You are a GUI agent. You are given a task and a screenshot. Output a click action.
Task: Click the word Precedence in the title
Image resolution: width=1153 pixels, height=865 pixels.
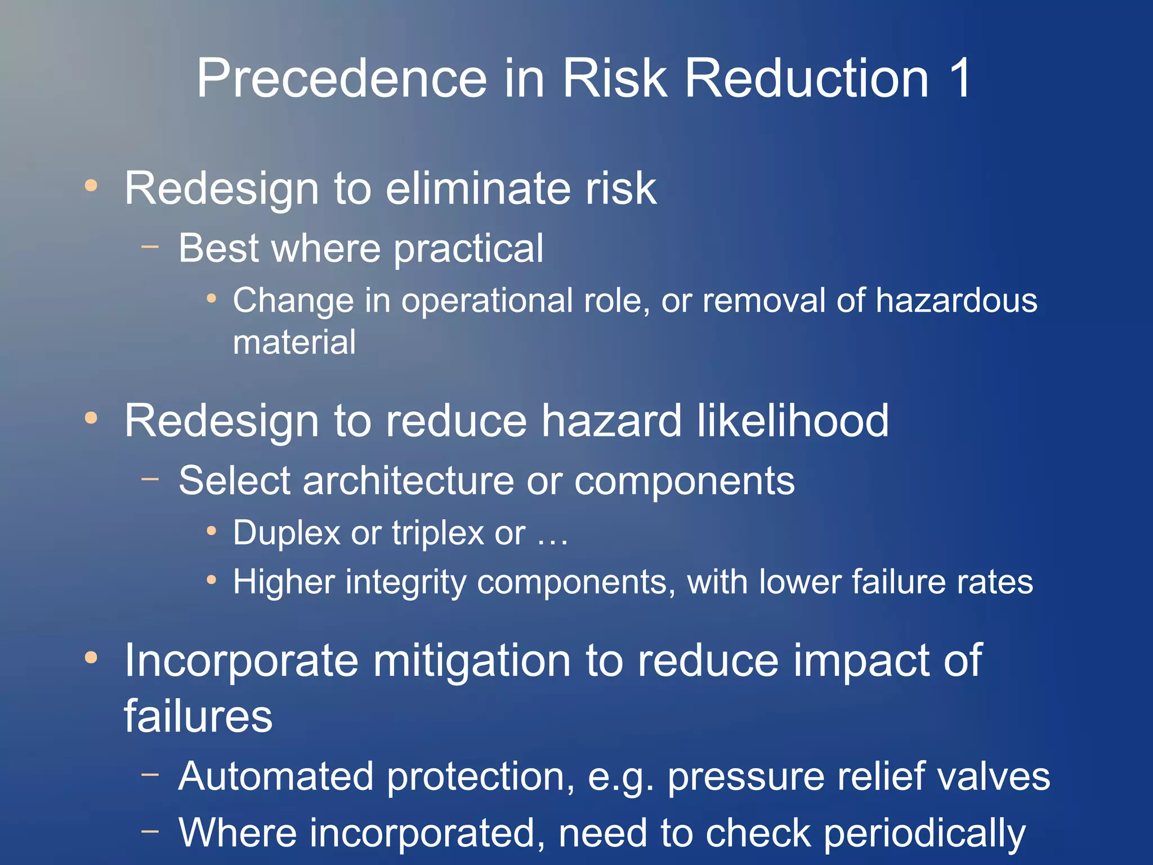(341, 79)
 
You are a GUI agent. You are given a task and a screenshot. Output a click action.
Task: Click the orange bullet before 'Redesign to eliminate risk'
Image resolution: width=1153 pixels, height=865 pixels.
(91, 185)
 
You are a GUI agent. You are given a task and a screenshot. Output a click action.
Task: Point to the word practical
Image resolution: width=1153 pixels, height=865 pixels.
(468, 248)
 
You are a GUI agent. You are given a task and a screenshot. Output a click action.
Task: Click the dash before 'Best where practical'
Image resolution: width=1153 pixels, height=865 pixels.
(150, 246)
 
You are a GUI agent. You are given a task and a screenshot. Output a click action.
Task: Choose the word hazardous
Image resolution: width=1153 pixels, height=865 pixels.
(956, 300)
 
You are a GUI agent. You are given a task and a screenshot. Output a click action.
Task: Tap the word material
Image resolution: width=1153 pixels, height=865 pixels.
(294, 342)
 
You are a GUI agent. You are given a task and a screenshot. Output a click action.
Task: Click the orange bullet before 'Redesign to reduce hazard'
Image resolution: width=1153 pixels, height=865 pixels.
(91, 418)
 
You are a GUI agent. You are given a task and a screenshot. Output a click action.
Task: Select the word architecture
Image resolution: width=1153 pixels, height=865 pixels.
(408, 481)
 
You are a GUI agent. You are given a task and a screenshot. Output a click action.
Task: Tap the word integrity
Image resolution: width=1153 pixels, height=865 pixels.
(405, 582)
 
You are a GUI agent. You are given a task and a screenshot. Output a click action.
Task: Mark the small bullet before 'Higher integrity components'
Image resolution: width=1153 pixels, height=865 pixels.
(211, 579)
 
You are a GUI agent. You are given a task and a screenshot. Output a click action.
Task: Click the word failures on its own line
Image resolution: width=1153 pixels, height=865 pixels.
(198, 716)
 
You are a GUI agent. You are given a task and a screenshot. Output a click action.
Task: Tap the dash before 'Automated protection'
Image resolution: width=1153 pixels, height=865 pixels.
(150, 774)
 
